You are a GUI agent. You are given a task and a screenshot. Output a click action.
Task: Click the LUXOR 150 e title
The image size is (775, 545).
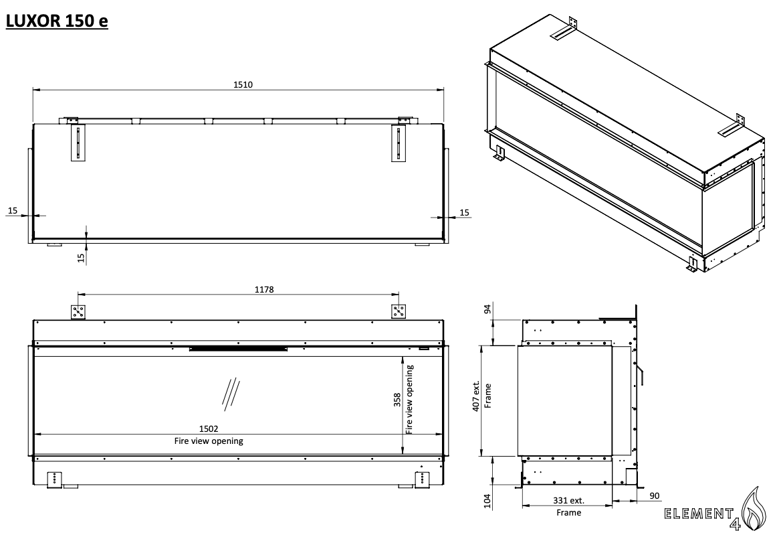57,21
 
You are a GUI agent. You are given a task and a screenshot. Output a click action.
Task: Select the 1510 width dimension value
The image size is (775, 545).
243,84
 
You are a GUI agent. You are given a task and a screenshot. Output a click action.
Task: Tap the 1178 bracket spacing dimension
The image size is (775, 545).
264,290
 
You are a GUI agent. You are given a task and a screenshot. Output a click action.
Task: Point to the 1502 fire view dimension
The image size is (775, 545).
209,429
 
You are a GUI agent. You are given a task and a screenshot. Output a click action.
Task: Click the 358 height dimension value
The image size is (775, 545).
397,400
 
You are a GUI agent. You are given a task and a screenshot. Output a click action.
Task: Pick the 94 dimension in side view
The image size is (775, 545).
488,309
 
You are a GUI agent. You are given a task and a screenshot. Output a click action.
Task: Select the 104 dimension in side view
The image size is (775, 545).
488,501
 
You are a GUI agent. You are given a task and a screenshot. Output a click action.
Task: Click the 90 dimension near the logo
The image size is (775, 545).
655,496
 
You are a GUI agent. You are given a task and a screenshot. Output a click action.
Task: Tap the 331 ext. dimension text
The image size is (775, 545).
568,501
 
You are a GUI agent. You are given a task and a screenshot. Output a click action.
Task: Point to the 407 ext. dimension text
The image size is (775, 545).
476,396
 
